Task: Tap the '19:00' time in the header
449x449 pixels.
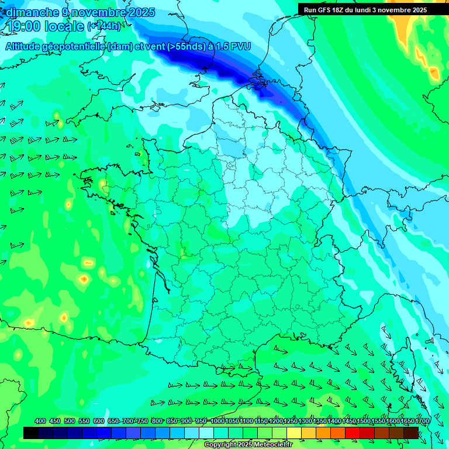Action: point(25,27)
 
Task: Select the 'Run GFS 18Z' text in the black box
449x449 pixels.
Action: point(329,10)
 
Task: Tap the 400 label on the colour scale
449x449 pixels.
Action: point(40,422)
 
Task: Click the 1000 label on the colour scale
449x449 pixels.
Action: point(217,422)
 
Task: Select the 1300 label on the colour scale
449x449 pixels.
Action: point(305,422)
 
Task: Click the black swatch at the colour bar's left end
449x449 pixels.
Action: point(31,433)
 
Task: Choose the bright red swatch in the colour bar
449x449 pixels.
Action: point(353,433)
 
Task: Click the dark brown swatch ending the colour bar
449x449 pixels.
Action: point(411,433)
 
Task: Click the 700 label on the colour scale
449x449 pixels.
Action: point(130,422)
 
